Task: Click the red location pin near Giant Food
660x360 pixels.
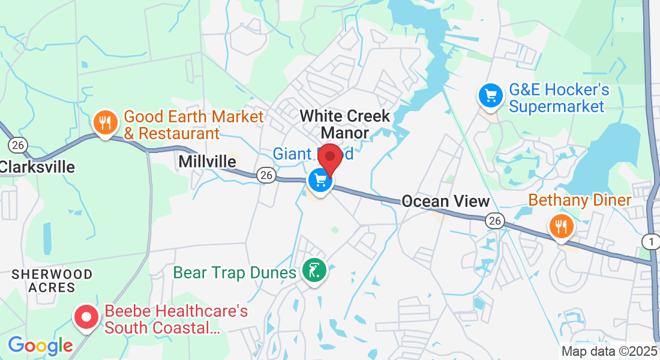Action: click(329, 158)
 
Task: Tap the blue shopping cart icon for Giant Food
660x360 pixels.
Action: click(320, 180)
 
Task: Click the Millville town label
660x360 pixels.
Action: click(207, 161)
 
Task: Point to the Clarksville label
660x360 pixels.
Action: click(37, 166)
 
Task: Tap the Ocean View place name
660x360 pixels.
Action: click(446, 202)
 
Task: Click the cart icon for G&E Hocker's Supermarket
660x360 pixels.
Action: click(490, 95)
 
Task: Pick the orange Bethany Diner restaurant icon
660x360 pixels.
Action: click(561, 227)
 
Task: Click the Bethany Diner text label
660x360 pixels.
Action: click(579, 200)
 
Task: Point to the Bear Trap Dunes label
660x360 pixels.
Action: click(235, 273)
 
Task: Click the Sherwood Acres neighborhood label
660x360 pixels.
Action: click(53, 281)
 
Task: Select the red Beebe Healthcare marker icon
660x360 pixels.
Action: click(86, 316)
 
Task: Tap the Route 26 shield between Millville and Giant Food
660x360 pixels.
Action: click(266, 175)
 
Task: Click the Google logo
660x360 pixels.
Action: click(40, 346)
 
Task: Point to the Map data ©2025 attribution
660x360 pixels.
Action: click(608, 352)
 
